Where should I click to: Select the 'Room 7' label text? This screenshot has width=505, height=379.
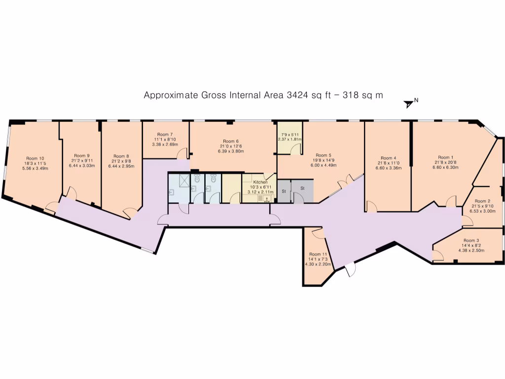click(x=165, y=134)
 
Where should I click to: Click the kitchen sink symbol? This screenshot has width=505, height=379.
click(x=267, y=199)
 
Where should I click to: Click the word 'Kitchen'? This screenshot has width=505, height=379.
click(x=260, y=182)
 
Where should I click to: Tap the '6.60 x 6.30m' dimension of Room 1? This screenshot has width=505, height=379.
click(x=446, y=167)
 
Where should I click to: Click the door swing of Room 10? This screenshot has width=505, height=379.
click(x=51, y=208)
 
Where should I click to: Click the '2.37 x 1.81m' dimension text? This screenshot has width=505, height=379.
click(x=290, y=139)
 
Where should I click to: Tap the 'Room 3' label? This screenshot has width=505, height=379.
click(x=471, y=240)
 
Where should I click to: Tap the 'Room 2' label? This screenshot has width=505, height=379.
click(x=482, y=201)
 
